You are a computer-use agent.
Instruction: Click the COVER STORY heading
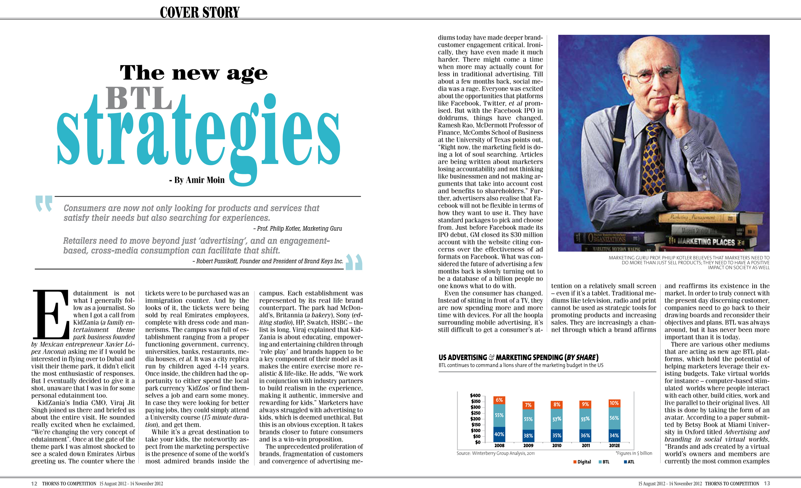(x=200, y=12)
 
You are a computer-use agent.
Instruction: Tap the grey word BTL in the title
(x=139, y=98)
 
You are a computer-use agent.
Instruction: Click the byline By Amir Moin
(x=197, y=180)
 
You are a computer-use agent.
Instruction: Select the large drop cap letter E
(x=50, y=314)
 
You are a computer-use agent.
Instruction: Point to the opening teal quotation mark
(x=44, y=203)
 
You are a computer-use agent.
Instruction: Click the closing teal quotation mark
(x=354, y=262)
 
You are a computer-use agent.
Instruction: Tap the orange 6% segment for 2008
(x=499, y=400)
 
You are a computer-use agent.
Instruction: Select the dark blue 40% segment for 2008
(x=499, y=434)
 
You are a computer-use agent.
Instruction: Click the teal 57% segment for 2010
(x=557, y=419)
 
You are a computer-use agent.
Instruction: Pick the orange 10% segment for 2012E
(x=614, y=403)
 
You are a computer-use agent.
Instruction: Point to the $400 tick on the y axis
(x=475, y=395)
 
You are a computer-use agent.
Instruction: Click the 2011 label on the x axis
(x=586, y=445)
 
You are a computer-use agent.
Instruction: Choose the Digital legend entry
(x=582, y=462)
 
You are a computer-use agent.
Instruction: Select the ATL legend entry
(x=629, y=462)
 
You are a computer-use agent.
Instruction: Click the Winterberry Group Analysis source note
(x=495, y=453)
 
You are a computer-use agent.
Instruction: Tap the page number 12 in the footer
(x=34, y=483)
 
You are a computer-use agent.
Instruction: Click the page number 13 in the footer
(x=767, y=483)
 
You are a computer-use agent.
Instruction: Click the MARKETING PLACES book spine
(x=706, y=242)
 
